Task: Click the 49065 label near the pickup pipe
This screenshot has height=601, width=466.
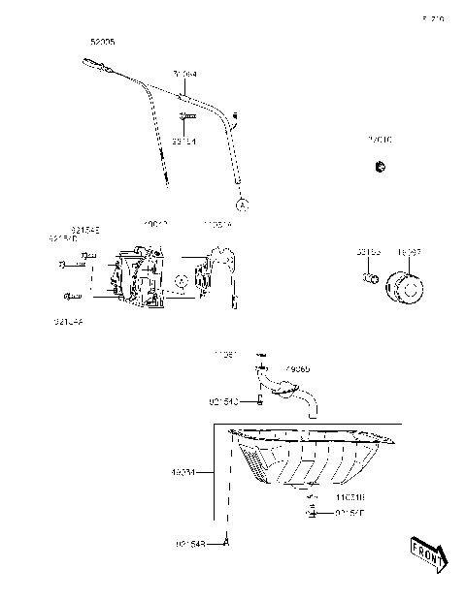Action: (297, 368)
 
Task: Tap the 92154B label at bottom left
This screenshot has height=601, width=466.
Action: (192, 544)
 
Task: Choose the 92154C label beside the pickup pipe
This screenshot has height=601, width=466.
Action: (222, 400)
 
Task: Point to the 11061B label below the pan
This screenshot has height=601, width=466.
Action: (350, 494)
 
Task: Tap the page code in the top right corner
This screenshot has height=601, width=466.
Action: (432, 17)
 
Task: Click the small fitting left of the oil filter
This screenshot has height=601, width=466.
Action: (370, 280)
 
